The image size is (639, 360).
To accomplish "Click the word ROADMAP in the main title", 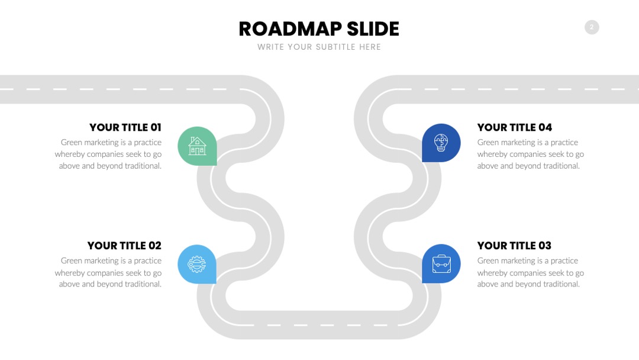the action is point(290,29).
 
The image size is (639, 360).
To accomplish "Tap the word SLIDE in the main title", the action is point(373,29).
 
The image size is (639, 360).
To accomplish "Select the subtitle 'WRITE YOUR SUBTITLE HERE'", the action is point(319,47).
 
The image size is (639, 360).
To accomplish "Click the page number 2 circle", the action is point(592,27).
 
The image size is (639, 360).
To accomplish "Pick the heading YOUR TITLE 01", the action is point(125,127).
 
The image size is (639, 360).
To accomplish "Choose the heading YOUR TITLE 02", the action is point(124,246).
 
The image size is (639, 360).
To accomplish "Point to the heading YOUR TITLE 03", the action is point(514,246).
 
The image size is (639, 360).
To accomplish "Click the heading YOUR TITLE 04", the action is point(515,127).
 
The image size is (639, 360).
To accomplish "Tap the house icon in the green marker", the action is point(197,146).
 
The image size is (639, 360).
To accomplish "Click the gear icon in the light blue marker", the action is point(196,264).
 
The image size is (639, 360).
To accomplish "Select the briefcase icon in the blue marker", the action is point(441,263).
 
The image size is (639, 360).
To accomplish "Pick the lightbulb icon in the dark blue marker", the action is point(441,143).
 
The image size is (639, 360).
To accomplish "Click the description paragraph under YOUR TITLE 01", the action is point(108,154).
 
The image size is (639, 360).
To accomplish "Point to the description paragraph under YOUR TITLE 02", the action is point(108,272).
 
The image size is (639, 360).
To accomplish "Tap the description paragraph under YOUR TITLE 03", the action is point(531,272).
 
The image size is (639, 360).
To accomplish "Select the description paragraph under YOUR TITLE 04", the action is point(531,154).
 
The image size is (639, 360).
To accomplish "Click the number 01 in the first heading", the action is point(156,127).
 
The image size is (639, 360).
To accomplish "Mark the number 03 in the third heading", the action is point(545,246).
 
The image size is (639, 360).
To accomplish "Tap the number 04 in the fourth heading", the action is point(546,127).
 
